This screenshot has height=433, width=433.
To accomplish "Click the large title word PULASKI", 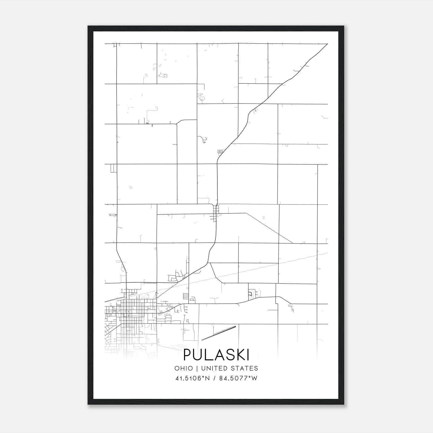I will coord(216,355).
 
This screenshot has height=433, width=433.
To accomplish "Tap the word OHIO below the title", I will coord(184,368).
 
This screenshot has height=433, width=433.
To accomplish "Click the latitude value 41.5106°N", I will coord(193,378).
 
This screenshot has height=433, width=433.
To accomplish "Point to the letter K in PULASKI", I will coord(239,355).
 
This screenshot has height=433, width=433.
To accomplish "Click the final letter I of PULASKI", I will coord(248,355).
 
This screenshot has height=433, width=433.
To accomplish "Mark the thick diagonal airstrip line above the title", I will coord(219,333).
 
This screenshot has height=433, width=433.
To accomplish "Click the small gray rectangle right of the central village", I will coord(264,217).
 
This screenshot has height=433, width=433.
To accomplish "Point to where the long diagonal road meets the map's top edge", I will coord(327,44).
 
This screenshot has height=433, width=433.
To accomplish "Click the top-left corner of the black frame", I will coord(88,26).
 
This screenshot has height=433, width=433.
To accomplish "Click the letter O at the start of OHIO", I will coord(177,368).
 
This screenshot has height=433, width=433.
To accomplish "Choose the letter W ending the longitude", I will coord(255,378).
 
